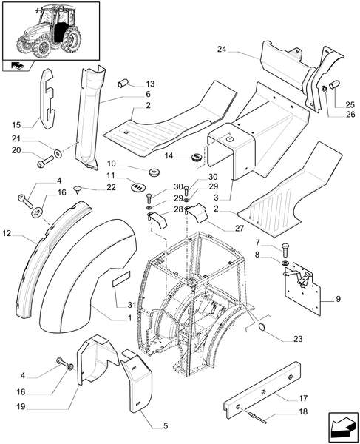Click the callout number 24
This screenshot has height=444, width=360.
point(223,50)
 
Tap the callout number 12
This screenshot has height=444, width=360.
point(8,235)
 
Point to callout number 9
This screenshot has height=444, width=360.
point(339,300)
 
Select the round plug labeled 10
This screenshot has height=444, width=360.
point(155,173)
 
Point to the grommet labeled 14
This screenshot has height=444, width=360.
point(197,158)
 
